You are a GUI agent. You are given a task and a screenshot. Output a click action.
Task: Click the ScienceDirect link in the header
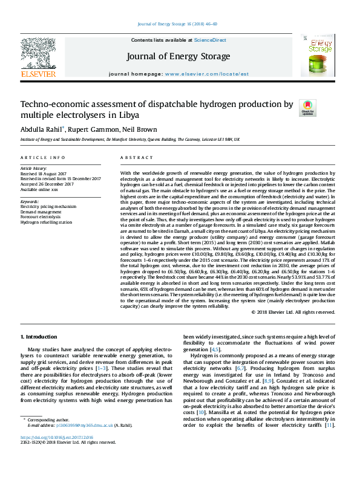(x=210, y=40)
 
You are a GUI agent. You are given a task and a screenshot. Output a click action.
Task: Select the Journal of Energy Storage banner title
(x=178, y=57)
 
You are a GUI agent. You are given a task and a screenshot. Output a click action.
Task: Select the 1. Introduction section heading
(x=39, y=336)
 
